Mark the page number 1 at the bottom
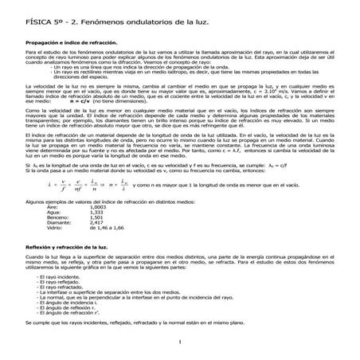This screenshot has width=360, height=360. [182, 342]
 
